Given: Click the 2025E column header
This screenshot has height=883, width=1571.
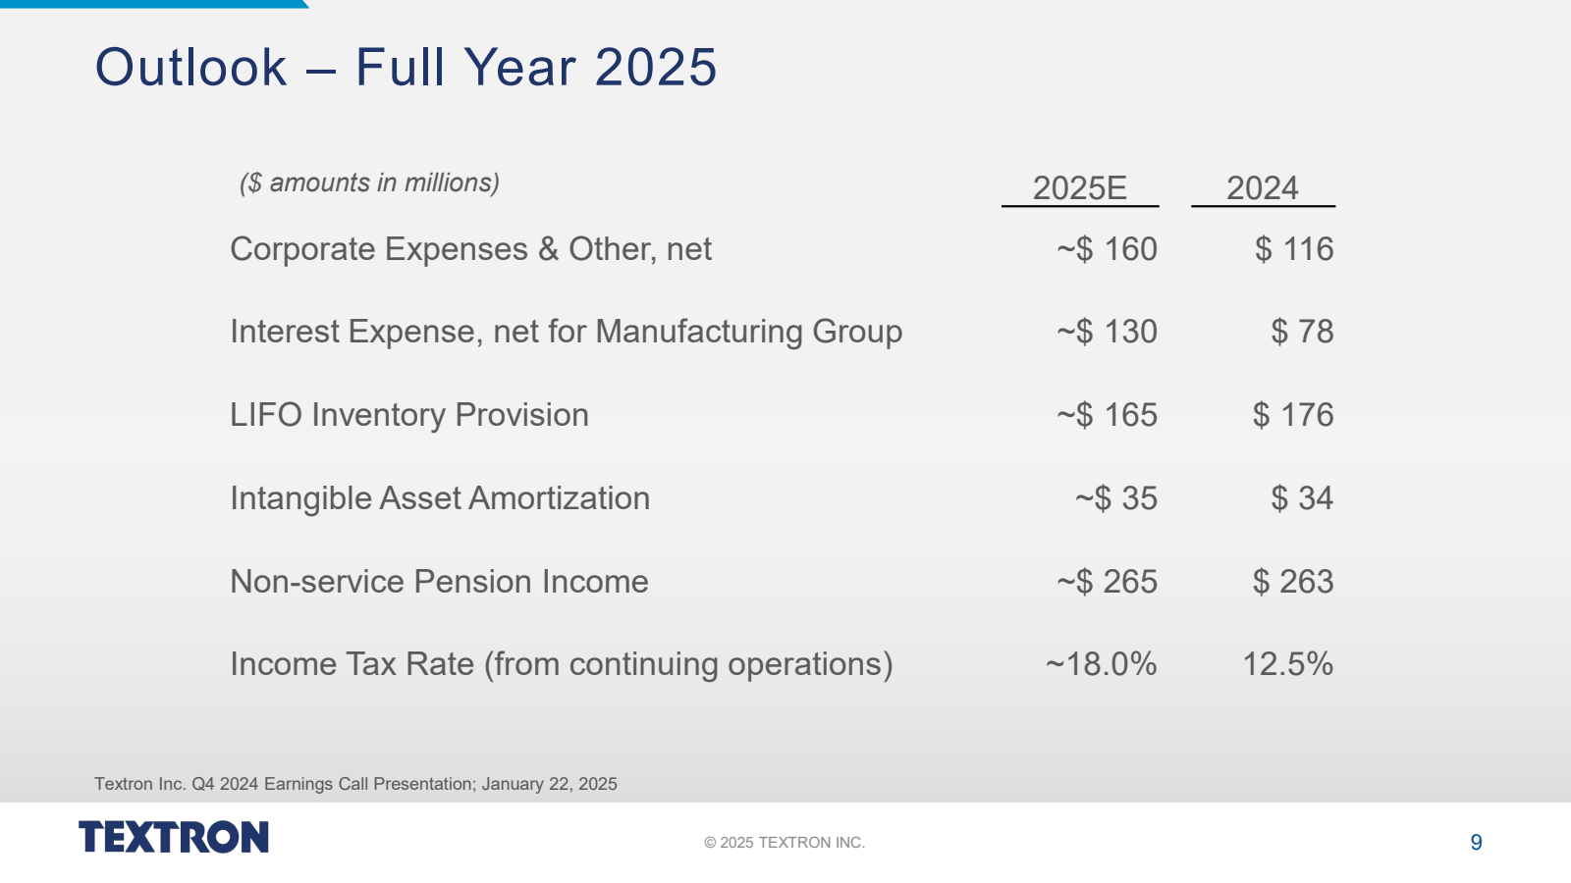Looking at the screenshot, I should point(1079,187).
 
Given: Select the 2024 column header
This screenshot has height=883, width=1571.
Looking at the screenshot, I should point(1262,187).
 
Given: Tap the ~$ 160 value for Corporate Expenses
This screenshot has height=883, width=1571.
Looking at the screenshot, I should point(1107,249).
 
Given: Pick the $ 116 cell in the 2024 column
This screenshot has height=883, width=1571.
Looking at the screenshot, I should point(1293,249).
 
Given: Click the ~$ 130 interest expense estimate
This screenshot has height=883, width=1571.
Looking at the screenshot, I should point(1107,332).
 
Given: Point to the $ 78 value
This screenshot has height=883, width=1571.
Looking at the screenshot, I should point(1302,332).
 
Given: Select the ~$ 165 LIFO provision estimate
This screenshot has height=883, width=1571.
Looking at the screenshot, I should point(1107,415).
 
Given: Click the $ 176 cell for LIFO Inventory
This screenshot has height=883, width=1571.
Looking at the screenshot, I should point(1293,415).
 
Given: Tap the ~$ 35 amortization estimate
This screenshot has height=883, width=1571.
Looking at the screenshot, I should point(1116,498).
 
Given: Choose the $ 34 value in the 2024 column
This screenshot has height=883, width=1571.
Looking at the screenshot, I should point(1302,498).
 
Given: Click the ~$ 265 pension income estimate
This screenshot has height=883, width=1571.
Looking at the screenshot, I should point(1107,582).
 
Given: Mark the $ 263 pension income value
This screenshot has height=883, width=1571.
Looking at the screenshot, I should point(1293,582).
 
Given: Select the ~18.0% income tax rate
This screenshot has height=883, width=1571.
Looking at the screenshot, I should point(1101,664).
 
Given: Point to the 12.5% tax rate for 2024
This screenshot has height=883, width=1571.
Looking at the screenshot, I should point(1287,664).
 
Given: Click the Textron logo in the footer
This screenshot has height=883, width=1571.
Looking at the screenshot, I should point(174,837).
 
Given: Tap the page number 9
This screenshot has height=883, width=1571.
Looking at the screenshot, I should point(1476,843).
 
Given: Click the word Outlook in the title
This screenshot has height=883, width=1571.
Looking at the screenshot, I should point(190,68).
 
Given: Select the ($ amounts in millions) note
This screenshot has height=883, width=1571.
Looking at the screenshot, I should point(369,183).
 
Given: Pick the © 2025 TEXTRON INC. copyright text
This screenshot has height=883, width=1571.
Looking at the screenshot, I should point(785,843).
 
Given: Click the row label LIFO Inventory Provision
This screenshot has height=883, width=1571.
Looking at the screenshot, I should point(409,415).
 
